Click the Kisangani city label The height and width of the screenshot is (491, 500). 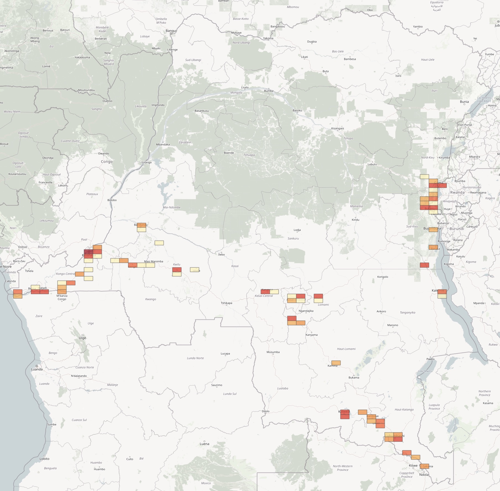[x=338, y=128]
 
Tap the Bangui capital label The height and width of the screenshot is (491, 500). [x=171, y=31]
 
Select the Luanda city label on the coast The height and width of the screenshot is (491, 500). [x=37, y=369]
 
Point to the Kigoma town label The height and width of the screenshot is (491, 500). [x=449, y=264]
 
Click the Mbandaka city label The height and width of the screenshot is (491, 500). [x=163, y=144]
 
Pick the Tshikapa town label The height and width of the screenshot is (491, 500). [x=226, y=303]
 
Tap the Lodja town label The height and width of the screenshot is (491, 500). [x=297, y=230]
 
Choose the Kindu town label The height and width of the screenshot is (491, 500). [x=355, y=220]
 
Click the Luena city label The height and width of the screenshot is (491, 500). [x=204, y=444]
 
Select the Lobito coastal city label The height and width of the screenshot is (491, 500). [x=44, y=459]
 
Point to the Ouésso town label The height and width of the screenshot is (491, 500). [x=107, y=101]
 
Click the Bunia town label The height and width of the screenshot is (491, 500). [x=464, y=102]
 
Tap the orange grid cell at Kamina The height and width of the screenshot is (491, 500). [x=336, y=363]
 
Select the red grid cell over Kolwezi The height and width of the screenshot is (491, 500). [x=345, y=414]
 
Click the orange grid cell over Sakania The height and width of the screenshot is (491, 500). [x=425, y=466]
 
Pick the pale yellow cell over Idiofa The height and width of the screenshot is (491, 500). [x=194, y=270]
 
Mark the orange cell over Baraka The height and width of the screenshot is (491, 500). [x=433, y=247]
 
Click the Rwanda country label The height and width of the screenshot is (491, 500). [x=457, y=192]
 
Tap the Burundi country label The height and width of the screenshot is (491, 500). [x=457, y=229]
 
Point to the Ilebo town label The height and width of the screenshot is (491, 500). [x=221, y=254]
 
